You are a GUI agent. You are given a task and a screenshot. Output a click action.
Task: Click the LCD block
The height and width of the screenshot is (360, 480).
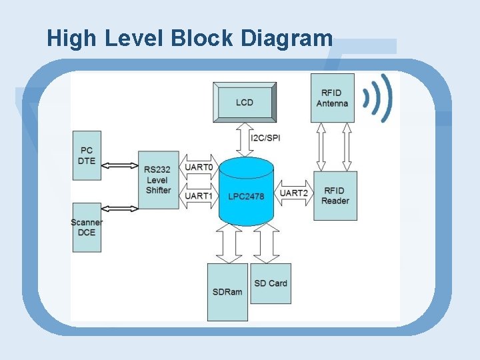(244, 102)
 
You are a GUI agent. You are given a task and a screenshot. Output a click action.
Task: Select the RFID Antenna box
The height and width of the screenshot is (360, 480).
(332, 98)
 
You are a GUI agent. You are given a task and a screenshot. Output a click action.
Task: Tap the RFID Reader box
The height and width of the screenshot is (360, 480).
(335, 195)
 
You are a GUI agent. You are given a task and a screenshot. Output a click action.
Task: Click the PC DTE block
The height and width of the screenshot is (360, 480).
(87, 155)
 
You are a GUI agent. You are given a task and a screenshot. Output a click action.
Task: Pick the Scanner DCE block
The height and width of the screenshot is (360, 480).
(87, 227)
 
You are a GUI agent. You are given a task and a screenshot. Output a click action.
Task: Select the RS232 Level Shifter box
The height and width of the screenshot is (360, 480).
(158, 180)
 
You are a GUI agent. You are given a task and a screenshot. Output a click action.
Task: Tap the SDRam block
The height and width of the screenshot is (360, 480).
(227, 292)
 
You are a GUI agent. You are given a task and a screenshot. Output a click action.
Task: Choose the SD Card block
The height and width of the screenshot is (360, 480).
(270, 283)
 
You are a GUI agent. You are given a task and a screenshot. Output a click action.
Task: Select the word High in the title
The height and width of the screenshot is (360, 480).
(72, 38)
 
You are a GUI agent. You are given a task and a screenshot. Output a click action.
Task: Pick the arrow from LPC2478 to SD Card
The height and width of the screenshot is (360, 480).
(267, 243)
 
